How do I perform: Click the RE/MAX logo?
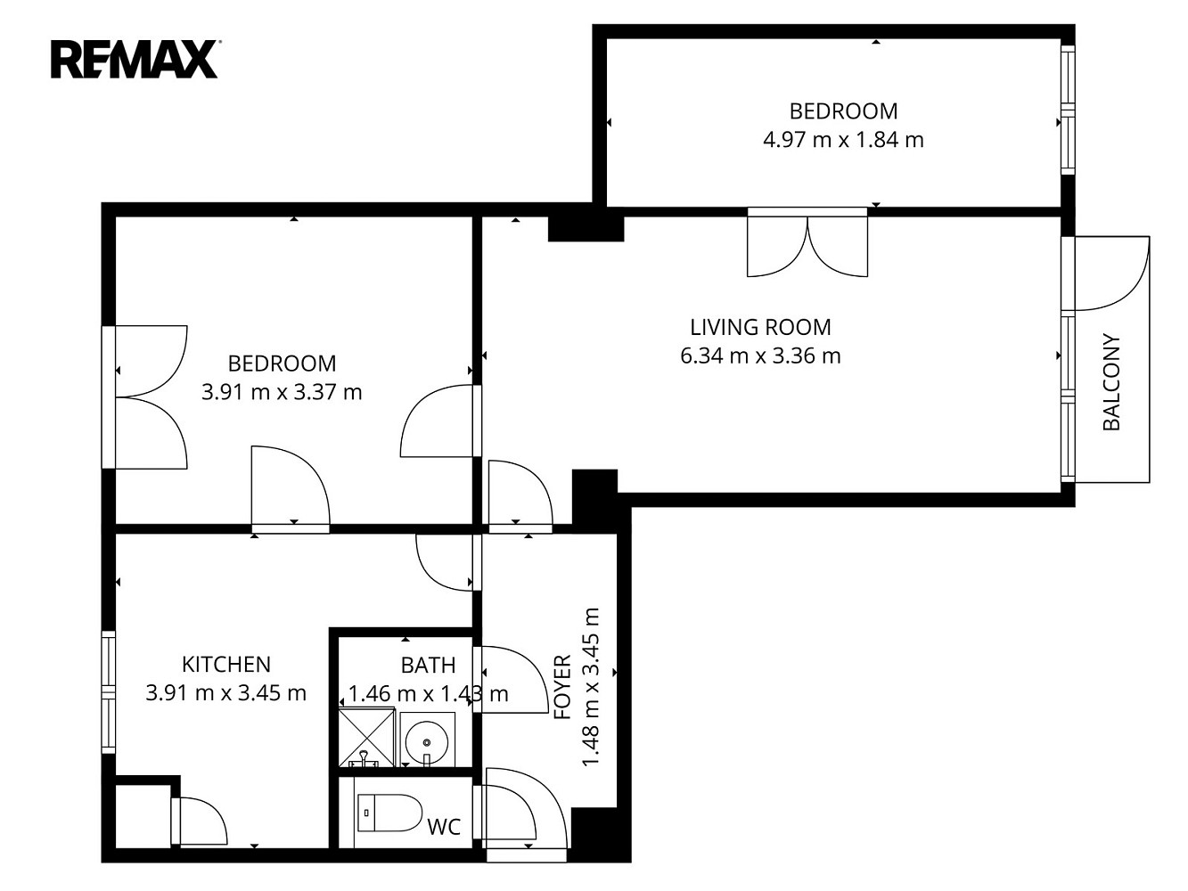(x=135, y=60)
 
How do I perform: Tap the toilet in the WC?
(x=389, y=813)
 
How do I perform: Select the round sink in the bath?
(x=427, y=739)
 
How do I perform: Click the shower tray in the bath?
(x=366, y=739)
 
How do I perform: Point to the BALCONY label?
(x=1111, y=382)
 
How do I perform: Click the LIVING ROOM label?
(x=760, y=327)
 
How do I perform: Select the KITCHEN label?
(x=226, y=665)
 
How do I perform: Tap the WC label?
(x=444, y=827)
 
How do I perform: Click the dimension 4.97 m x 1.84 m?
(x=843, y=140)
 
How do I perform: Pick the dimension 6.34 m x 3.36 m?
(x=760, y=356)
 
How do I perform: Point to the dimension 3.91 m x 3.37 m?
(x=282, y=392)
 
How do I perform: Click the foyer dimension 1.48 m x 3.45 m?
(x=591, y=687)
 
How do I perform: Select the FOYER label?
(x=563, y=687)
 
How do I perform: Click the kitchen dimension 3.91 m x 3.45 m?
(x=226, y=693)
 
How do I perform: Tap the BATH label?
(x=428, y=665)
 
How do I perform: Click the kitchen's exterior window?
(x=109, y=692)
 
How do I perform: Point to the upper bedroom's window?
(x=1068, y=110)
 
